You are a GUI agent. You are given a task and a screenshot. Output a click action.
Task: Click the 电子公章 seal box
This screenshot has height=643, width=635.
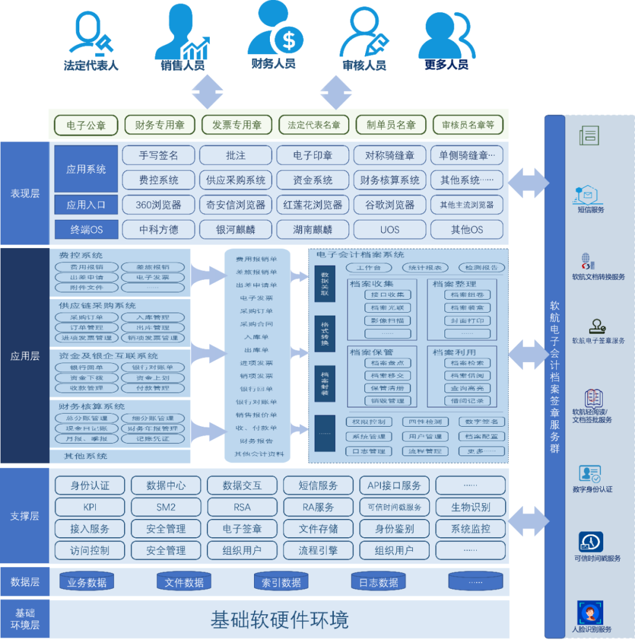(x=86, y=125)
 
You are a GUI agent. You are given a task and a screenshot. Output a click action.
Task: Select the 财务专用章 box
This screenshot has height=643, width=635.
(x=160, y=125)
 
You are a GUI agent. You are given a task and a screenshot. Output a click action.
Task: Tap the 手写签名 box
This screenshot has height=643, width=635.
(x=159, y=155)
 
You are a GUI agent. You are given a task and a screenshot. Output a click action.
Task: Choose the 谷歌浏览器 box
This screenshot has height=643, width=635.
(x=390, y=205)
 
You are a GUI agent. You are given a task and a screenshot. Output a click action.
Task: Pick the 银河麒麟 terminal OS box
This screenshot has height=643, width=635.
(x=236, y=229)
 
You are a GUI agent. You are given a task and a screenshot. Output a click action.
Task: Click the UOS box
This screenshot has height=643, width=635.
(x=390, y=229)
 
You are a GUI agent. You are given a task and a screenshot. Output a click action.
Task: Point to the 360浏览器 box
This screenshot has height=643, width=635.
(x=159, y=205)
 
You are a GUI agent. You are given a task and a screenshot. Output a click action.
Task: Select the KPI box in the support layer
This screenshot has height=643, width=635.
(x=90, y=507)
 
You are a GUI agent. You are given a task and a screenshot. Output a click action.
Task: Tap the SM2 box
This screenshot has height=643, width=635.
(x=166, y=507)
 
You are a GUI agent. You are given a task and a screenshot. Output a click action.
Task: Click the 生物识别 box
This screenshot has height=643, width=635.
(x=470, y=507)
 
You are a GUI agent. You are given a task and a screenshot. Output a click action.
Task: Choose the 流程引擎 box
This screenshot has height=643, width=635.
(x=318, y=551)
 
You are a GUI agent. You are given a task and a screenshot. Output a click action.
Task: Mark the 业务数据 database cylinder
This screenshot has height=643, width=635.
(x=86, y=582)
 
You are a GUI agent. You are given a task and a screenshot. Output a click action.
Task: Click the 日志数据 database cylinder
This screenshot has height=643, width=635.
(x=379, y=582)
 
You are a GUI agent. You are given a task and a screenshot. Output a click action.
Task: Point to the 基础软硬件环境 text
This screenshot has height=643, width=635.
(x=279, y=619)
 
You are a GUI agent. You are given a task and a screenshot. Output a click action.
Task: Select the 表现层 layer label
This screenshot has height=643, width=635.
(x=25, y=193)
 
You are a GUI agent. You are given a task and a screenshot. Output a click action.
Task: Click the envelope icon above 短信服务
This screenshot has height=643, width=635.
(x=589, y=193)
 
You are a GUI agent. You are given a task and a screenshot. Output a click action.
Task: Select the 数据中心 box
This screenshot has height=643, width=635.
(x=166, y=485)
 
